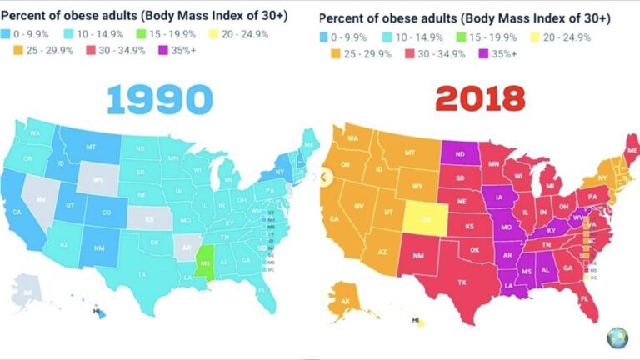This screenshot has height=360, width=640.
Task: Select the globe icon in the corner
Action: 617,337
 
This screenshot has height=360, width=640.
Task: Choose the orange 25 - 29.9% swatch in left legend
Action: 17,54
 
